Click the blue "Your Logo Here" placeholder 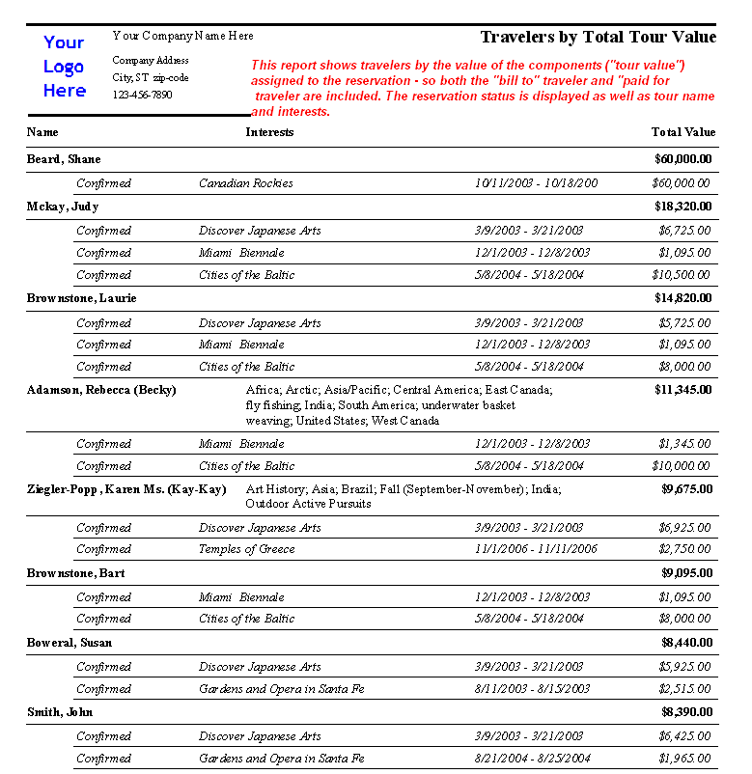[64, 67]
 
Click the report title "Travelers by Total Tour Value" [598, 38]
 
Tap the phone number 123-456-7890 [142, 95]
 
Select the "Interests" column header [269, 132]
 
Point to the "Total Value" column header [682, 132]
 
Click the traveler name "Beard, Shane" [64, 159]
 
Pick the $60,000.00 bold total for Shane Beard [682, 159]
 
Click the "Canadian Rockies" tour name [246, 183]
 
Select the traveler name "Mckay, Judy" [63, 207]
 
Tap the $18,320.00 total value [682, 207]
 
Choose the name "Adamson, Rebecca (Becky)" [101, 390]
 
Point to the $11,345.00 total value [682, 390]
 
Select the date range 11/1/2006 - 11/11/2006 [536, 549]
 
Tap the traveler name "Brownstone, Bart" [75, 573]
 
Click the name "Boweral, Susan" [70, 643]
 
